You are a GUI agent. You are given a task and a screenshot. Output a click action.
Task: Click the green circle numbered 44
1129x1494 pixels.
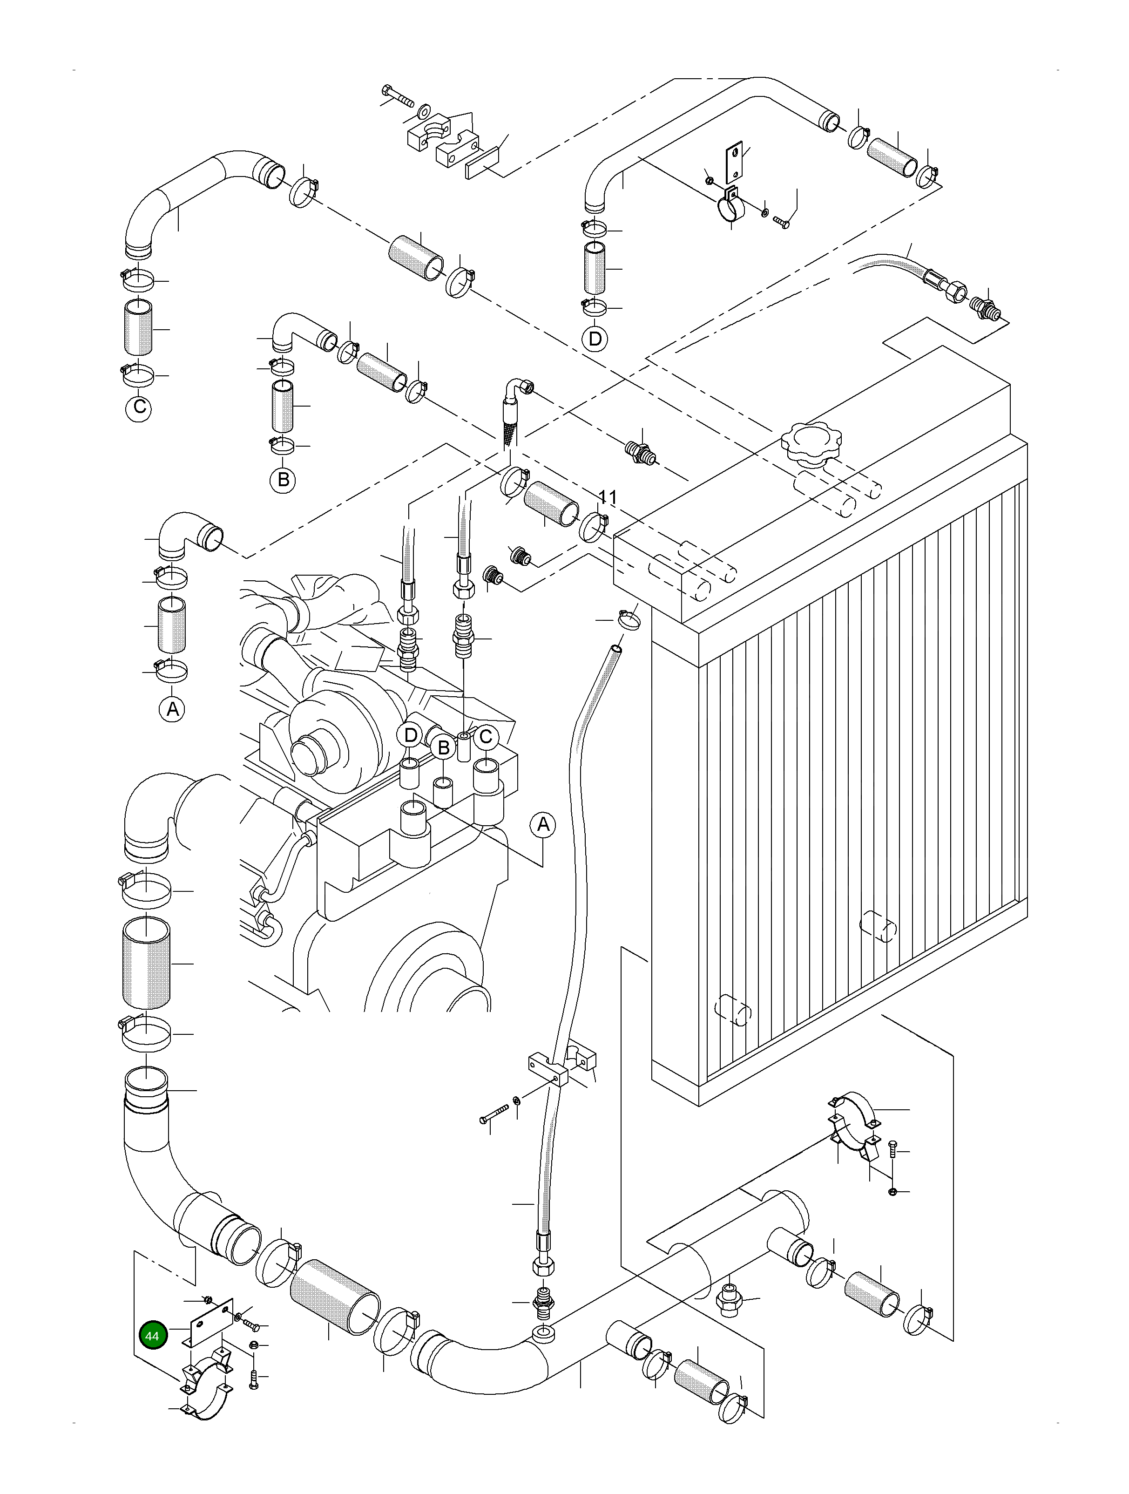[153, 1335]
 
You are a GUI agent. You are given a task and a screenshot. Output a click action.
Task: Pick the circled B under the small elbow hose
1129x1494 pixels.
[284, 480]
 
